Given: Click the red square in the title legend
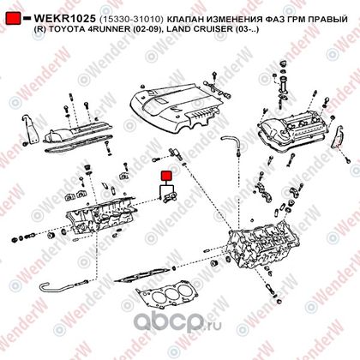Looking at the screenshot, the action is coord(14,18).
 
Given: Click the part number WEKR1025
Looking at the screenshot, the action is coord(64,19).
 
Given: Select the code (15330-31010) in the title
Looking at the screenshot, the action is coord(131,20).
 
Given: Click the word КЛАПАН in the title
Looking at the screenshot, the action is coord(183,20).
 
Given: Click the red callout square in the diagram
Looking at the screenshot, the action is coord(166,176).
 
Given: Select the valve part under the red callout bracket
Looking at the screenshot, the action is coord(168,198).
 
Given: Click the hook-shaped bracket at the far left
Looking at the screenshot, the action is coord(32,129).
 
